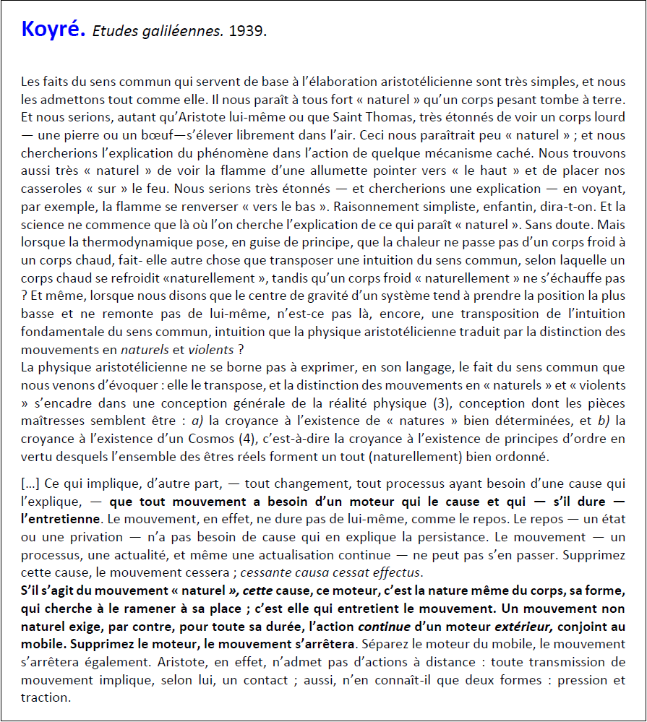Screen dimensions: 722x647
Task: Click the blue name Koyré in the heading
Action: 53,30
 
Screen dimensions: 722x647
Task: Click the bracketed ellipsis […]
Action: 31,484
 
